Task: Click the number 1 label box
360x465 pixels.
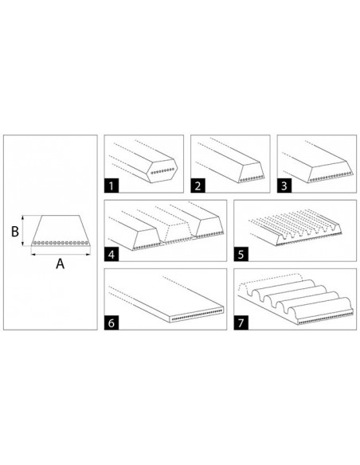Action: (112, 186)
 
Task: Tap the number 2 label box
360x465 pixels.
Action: (198, 186)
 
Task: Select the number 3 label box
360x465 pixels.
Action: (284, 186)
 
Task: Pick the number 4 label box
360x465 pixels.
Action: (112, 255)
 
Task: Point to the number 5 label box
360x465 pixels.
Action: (241, 255)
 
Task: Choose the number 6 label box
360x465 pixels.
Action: (112, 322)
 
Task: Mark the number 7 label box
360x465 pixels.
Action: (241, 322)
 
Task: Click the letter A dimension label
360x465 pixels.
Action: (61, 264)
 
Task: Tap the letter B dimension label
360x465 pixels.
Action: (15, 232)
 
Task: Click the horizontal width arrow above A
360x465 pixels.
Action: (61, 254)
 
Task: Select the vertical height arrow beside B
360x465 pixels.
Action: (23, 231)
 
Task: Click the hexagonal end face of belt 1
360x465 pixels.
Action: (162, 171)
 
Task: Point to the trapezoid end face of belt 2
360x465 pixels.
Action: (252, 172)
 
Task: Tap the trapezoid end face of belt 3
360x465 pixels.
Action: (331, 172)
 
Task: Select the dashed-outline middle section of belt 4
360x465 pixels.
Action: (178, 233)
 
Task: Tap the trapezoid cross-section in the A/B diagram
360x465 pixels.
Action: (61, 230)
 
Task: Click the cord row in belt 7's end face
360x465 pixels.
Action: (325, 319)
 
